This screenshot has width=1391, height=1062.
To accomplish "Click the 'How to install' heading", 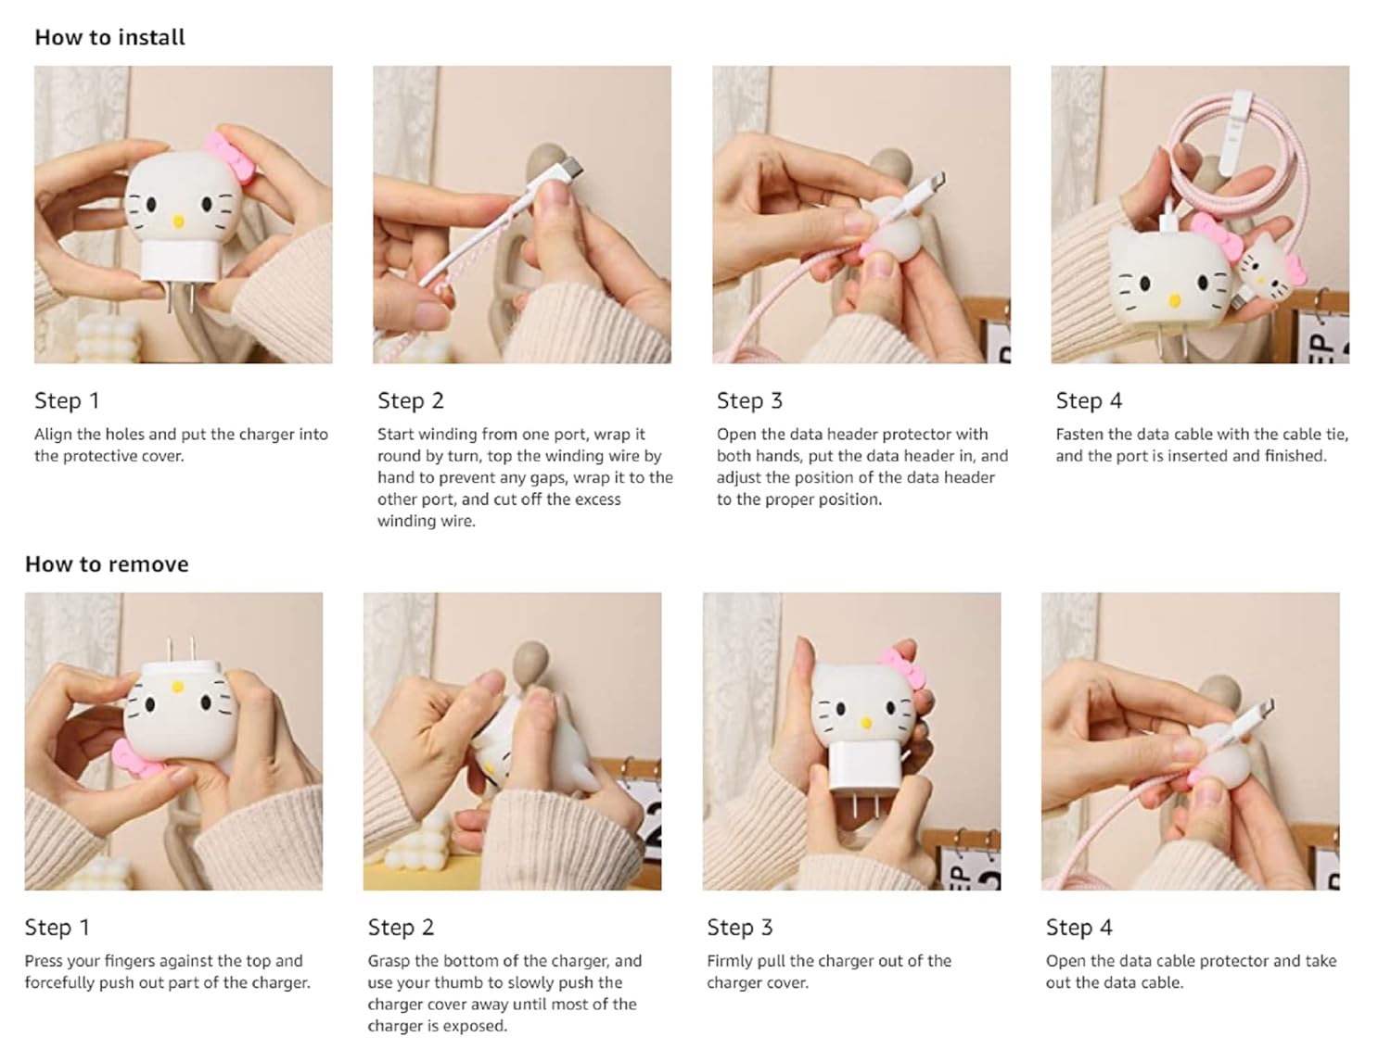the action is pyautogui.click(x=109, y=37).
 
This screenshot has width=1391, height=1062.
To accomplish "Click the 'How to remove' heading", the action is pyautogui.click(x=107, y=564).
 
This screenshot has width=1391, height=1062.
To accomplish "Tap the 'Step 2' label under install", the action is pyautogui.click(x=411, y=401).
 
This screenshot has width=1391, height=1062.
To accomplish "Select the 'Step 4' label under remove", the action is pyautogui.click(x=1079, y=928).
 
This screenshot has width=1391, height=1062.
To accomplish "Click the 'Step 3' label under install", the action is pyautogui.click(x=749, y=401).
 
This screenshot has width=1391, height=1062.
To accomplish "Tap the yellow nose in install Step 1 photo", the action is pyautogui.click(x=179, y=221).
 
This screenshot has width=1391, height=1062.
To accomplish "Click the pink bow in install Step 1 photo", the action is pyautogui.click(x=228, y=157).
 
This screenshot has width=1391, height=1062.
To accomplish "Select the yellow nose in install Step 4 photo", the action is pyautogui.click(x=1174, y=300).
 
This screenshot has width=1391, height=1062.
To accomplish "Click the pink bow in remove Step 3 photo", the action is pyautogui.click(x=904, y=667).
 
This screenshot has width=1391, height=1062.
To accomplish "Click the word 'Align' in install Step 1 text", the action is pyautogui.click(x=53, y=435).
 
